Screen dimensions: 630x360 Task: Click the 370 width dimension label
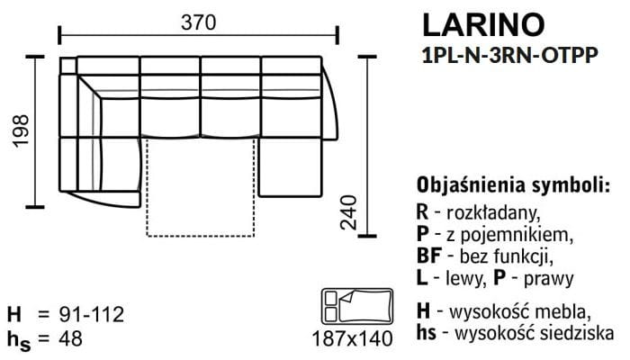198,22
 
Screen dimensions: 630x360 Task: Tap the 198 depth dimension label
22,131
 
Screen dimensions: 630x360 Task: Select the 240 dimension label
348,212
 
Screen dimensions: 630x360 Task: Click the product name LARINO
483,25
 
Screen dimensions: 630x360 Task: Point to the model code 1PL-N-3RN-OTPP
510,55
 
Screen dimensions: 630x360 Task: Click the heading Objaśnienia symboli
513,185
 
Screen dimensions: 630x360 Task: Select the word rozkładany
493,212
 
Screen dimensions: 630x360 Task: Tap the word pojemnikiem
517,235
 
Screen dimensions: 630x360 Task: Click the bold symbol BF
429,256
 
